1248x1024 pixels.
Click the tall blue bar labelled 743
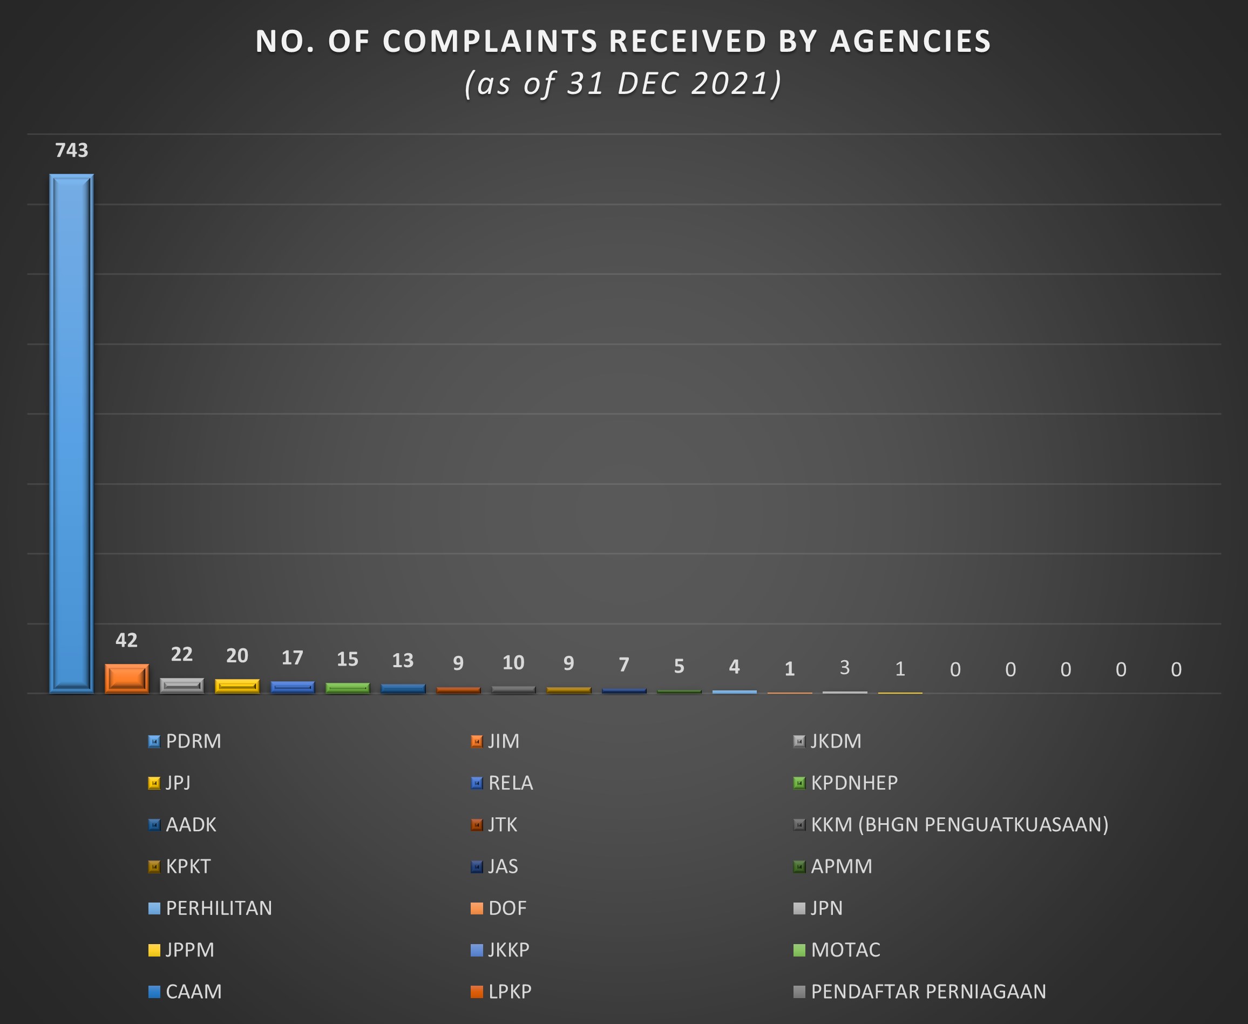[x=71, y=433]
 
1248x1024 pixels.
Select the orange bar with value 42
[x=127, y=679]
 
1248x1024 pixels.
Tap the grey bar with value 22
[x=182, y=686]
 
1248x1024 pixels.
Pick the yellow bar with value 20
[x=237, y=686]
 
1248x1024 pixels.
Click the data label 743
[x=71, y=151]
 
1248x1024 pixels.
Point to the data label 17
[x=293, y=657]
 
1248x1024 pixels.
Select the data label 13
[x=403, y=661]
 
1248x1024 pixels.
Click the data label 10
[x=513, y=662]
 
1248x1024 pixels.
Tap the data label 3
[x=845, y=667]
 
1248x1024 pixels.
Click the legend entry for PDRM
[x=185, y=741]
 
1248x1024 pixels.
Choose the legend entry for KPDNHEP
[x=846, y=783]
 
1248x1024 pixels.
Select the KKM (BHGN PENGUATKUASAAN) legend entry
[x=951, y=825]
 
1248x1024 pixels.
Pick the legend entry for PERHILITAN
[x=210, y=908]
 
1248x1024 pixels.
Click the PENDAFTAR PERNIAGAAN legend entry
[x=920, y=992]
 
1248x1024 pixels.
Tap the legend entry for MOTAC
[x=837, y=950]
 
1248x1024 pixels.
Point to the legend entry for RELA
[x=502, y=783]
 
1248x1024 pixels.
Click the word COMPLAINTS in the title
[x=490, y=41]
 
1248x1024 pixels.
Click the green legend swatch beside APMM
[x=799, y=866]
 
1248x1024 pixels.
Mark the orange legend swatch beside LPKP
[x=477, y=992]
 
